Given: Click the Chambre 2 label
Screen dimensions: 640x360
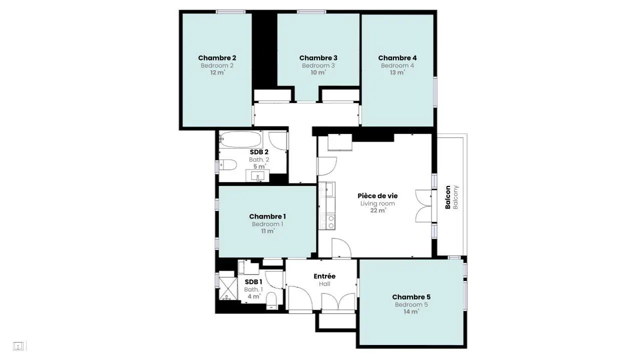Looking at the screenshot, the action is [217, 58].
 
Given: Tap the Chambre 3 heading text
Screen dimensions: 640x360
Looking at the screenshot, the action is [318, 58].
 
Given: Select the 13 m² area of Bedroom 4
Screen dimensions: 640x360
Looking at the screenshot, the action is [397, 72].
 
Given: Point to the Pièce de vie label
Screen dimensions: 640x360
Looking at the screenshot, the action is [377, 196].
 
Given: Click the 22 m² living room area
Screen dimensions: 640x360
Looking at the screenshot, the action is [378, 210].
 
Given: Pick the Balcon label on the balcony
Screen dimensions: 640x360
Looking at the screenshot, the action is [448, 197].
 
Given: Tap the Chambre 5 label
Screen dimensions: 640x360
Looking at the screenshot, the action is [411, 297].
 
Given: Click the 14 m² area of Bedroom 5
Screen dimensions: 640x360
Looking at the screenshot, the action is [411, 311].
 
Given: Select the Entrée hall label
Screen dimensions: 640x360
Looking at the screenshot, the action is [324, 276].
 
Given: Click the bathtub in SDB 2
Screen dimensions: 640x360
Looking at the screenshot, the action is [240, 139].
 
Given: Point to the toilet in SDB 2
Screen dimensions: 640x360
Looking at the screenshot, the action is [228, 165].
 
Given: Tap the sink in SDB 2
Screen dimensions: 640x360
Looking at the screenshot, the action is [257, 175].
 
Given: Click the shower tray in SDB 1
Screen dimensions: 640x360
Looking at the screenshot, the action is [228, 288].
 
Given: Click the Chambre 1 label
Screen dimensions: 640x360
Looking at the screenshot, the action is [267, 216].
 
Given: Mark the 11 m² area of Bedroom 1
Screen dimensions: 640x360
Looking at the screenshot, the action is [268, 231].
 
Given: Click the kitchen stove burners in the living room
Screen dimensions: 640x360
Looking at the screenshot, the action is [327, 222].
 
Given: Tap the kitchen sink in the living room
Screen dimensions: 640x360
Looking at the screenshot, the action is [327, 189].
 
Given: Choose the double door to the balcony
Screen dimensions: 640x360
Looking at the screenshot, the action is [423, 205].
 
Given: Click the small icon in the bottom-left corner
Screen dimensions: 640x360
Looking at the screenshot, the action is [18, 346].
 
